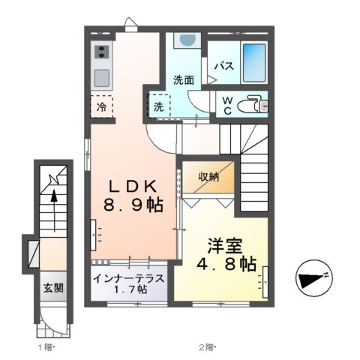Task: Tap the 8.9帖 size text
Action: coord(133,204)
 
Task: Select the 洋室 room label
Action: coord(225,246)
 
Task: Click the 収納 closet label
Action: coord(209,177)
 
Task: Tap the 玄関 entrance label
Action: coord(52,287)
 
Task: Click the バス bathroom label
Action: coord(224,65)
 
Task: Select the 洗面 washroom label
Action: coord(184,79)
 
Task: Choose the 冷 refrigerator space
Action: coord(102,106)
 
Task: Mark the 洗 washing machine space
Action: coord(159,106)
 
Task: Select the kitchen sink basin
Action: coord(101,76)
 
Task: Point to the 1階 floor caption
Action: coord(45,347)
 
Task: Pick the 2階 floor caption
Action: coord(207,347)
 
